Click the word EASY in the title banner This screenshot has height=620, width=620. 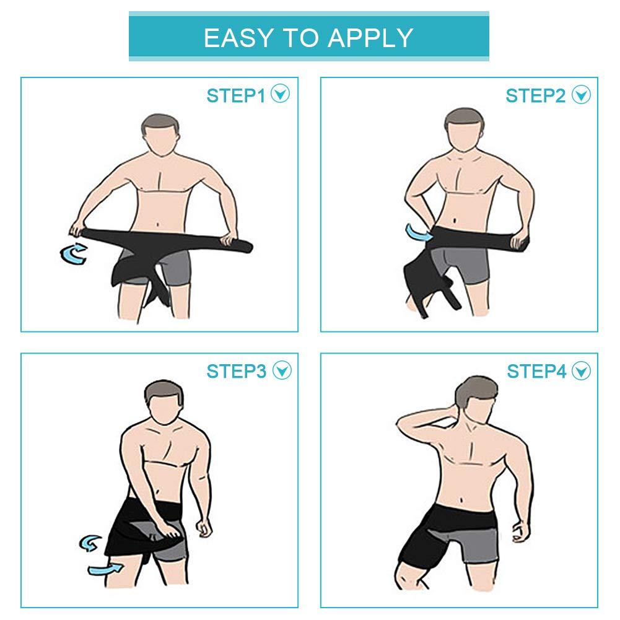(238, 38)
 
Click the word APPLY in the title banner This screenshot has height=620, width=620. (371, 38)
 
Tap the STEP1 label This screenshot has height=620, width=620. (235, 95)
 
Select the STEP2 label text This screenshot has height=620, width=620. (536, 95)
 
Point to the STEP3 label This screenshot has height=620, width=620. (235, 371)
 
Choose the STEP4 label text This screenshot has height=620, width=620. (536, 371)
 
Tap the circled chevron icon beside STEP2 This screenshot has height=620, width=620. (582, 95)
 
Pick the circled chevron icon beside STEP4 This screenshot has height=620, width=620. (582, 370)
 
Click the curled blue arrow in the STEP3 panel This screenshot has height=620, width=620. (90, 543)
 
